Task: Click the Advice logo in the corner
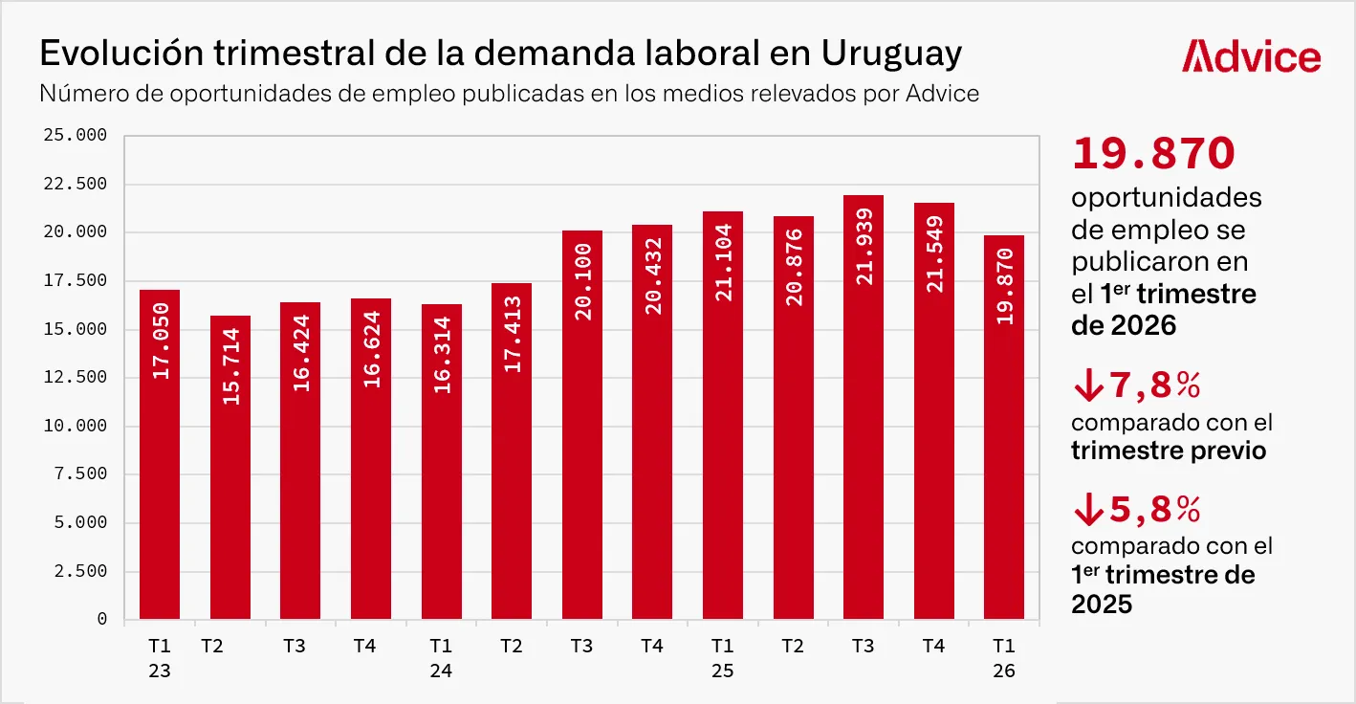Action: pyautogui.click(x=1251, y=56)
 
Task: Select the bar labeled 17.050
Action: pyautogui.click(x=160, y=454)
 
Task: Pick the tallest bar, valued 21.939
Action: pyautogui.click(x=864, y=407)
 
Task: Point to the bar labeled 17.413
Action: pyautogui.click(x=512, y=451)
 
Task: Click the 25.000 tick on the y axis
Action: pyautogui.click(x=75, y=136)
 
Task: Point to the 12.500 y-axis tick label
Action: pyautogui.click(x=75, y=378)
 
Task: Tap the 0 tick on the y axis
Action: pyautogui.click(x=101, y=620)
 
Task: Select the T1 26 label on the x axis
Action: pyautogui.click(x=1004, y=658)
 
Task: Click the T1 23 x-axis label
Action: pyautogui.click(x=160, y=658)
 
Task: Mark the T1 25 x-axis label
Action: pyautogui.click(x=723, y=658)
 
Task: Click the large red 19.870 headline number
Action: pyautogui.click(x=1154, y=154)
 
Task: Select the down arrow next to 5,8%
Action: pyautogui.click(x=1087, y=511)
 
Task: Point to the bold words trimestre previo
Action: pyautogui.click(x=1169, y=451)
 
